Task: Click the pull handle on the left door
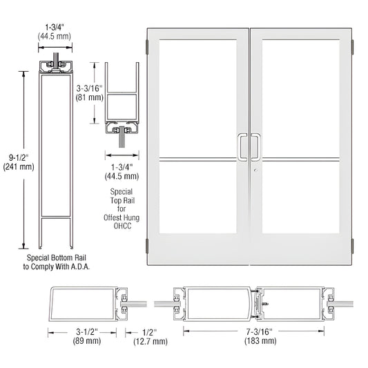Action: (242, 147)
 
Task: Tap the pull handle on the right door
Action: (255, 147)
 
